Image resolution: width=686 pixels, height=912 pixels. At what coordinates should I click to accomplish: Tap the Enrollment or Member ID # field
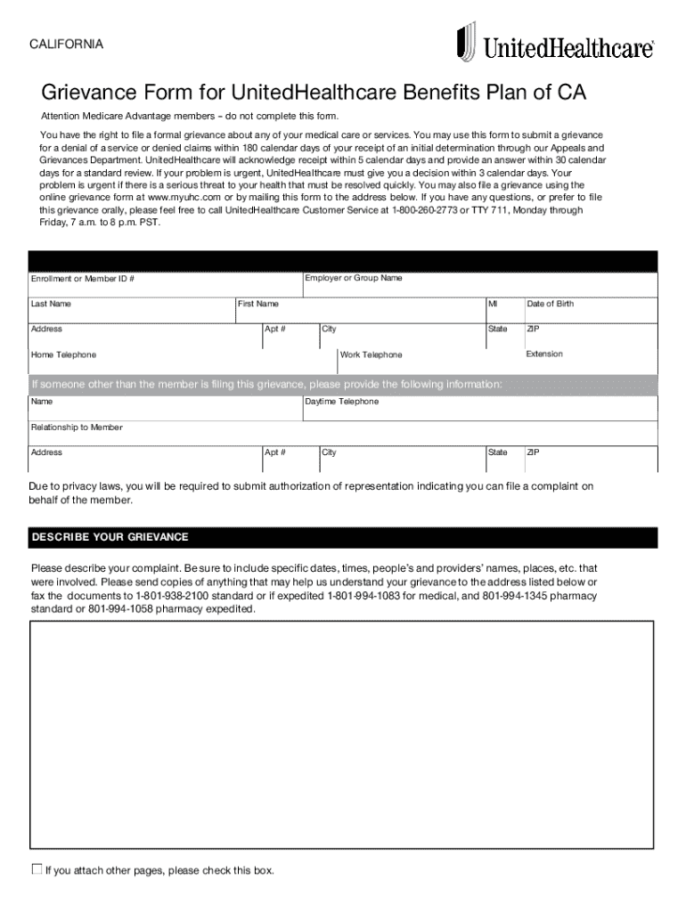coord(166,284)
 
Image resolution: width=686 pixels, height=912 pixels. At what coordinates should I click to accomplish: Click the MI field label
coord(493,305)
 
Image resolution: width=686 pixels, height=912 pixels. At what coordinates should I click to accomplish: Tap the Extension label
coord(544,354)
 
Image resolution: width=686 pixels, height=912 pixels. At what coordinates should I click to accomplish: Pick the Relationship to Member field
coord(343,433)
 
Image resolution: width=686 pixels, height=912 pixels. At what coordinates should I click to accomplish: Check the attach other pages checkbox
coord(37,869)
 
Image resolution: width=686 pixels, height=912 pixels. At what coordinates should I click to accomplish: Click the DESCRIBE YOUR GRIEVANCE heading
coord(110,537)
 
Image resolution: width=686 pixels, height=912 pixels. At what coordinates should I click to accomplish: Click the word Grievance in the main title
coord(86,94)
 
